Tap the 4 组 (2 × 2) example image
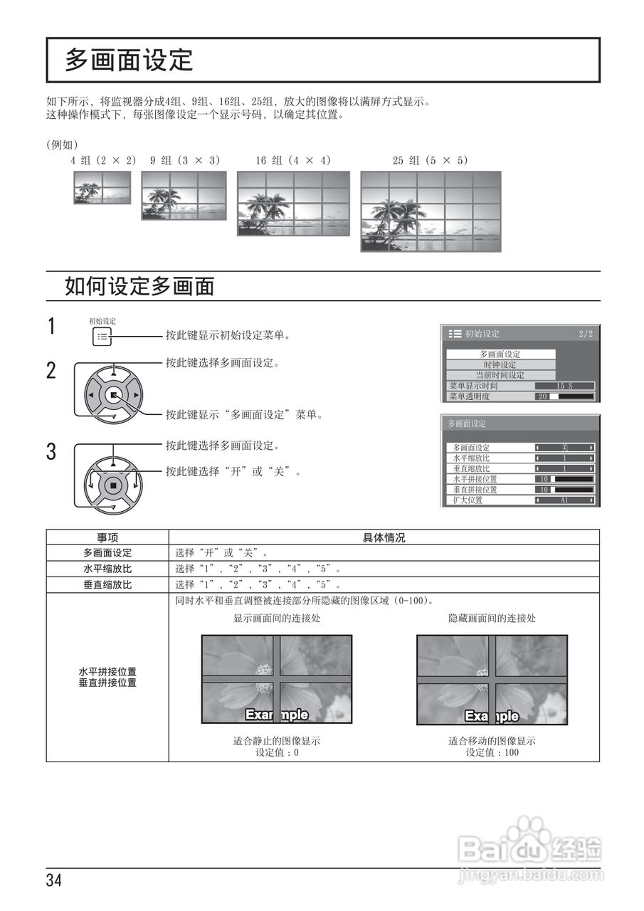102,188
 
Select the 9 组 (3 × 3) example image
184,195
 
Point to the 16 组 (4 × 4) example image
293,203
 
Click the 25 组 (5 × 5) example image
431,211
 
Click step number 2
51,371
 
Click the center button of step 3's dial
112,486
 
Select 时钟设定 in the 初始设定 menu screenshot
500,364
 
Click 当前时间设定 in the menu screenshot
500,375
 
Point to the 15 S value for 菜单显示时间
564,386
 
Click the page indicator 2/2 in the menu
585,334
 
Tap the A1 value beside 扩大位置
564,500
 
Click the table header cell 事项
107,537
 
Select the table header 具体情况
384,537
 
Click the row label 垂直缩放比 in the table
107,584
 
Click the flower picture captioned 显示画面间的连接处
277,679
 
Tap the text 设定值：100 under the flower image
492,752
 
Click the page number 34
54,880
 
